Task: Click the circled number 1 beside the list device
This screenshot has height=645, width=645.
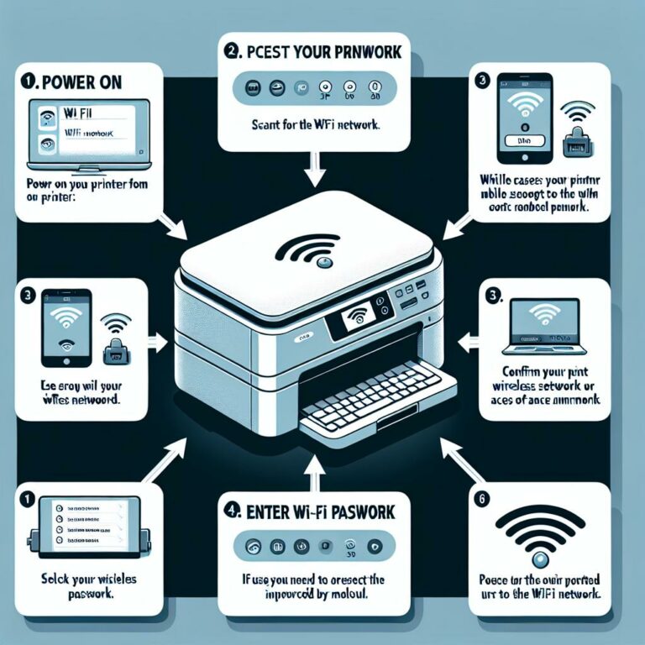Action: coord(28,499)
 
